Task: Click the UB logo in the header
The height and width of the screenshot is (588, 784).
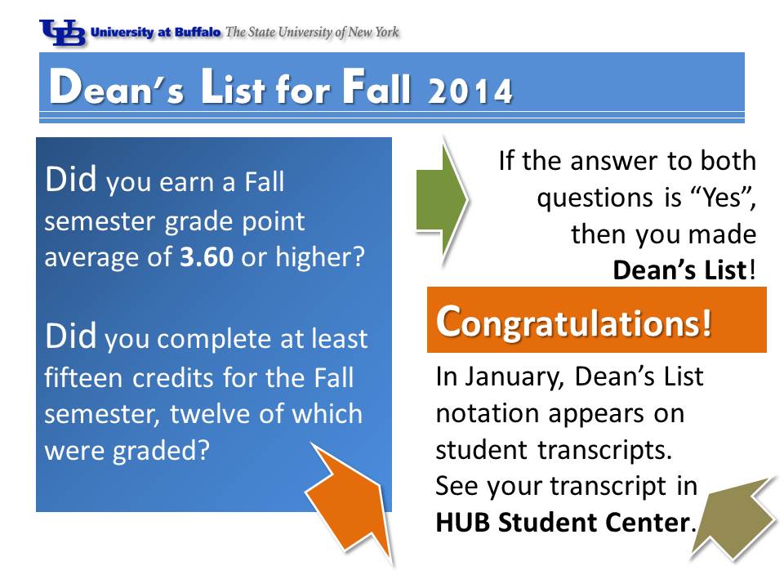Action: tap(63, 33)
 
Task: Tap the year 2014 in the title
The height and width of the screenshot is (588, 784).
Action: tap(470, 91)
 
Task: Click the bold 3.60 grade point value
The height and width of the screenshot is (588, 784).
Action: tap(207, 257)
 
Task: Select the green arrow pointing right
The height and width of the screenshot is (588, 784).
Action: tap(442, 201)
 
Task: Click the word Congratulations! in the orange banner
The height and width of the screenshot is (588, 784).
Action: tap(573, 322)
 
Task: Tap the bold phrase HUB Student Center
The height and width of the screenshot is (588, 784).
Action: tap(563, 523)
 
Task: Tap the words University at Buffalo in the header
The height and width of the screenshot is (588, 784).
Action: tap(155, 33)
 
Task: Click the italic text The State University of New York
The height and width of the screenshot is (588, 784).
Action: tap(312, 33)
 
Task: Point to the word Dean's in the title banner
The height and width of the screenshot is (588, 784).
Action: tap(117, 87)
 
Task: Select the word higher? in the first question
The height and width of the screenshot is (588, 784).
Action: tap(320, 257)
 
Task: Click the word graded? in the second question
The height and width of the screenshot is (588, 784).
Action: tap(161, 451)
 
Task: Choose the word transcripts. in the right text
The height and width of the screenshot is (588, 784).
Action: tap(604, 450)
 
